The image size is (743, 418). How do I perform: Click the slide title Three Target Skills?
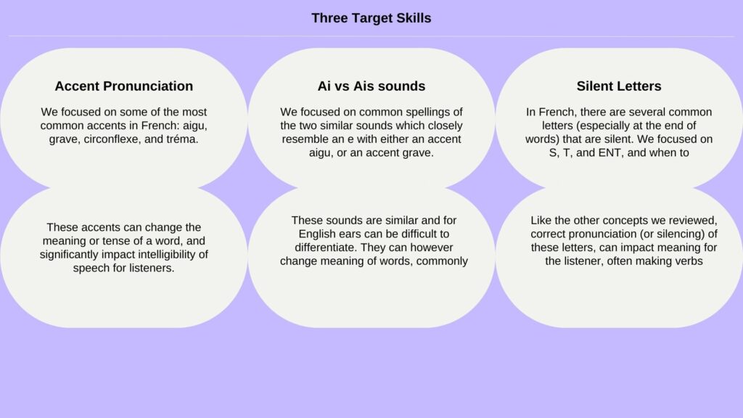(371, 18)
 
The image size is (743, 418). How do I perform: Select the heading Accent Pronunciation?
(123, 86)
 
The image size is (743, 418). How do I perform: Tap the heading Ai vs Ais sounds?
(371, 86)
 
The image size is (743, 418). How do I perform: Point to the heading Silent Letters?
(619, 86)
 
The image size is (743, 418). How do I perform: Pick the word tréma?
(182, 139)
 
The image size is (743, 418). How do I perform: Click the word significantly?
(69, 255)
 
